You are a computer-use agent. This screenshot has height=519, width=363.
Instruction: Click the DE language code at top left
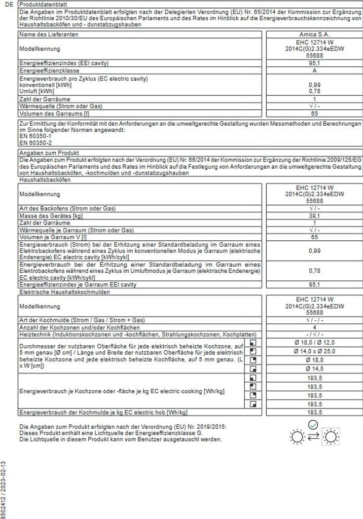[x=7, y=4]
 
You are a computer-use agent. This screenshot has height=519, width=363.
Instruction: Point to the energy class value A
[x=314, y=71]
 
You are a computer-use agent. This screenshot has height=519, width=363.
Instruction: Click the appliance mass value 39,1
[x=314, y=216]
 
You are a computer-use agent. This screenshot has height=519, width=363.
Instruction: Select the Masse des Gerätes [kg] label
[x=51, y=216]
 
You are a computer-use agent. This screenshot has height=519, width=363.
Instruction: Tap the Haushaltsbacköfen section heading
[x=44, y=179]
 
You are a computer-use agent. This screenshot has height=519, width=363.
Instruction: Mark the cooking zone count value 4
[x=314, y=327]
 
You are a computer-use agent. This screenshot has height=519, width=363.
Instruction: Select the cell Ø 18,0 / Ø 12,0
[x=314, y=343]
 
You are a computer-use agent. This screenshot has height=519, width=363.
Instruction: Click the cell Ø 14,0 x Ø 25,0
[x=314, y=351]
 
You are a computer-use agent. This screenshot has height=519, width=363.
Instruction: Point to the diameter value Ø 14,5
[x=314, y=368]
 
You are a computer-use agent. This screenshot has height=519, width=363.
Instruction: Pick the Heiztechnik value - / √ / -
[x=314, y=335]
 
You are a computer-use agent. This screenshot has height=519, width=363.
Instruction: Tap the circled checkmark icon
[x=313, y=423]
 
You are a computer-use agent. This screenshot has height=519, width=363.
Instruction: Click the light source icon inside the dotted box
[x=331, y=436]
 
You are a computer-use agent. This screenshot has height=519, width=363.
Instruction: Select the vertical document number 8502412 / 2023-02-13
[x=4, y=489]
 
